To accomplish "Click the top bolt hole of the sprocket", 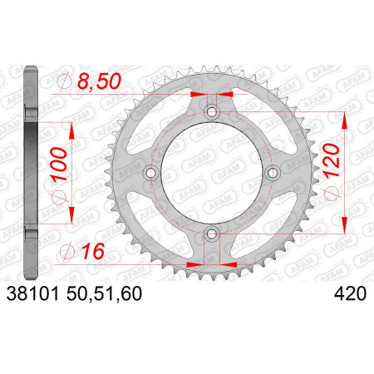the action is coord(212,112).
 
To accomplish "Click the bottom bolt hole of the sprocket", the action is coord(212,234).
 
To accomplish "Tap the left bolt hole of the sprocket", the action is coord(151,173).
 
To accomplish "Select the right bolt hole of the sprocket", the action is coord(273,173).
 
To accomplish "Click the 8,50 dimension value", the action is coord(99,81).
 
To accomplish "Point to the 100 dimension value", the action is coord(59,164).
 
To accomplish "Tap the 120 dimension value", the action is coord(332,160).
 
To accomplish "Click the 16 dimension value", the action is coord(93,251).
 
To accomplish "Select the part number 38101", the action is coord(32,293).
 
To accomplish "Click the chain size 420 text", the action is coord(350,293).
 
